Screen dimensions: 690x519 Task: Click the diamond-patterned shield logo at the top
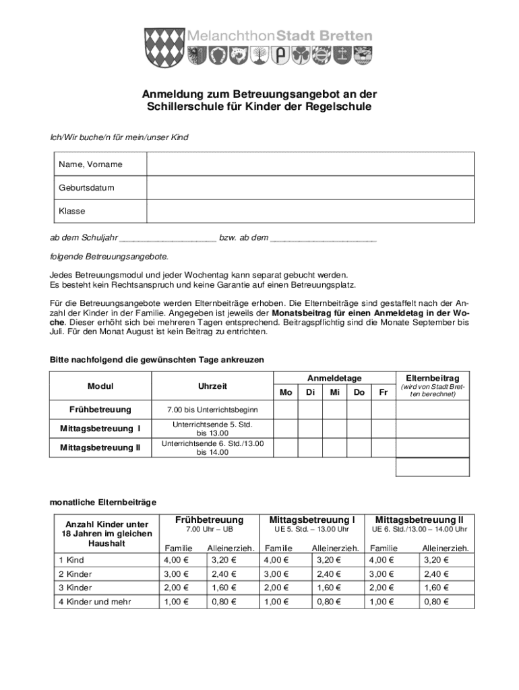tap(164, 45)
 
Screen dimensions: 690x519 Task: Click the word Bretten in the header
tap(342, 36)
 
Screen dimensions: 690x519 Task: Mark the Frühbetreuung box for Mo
tap(286, 410)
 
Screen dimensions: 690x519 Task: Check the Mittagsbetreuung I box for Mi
tap(334, 429)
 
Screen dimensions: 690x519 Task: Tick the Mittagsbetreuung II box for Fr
tap(384, 447)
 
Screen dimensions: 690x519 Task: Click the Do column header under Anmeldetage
tap(359, 392)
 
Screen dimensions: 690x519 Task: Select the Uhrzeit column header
tap(212, 386)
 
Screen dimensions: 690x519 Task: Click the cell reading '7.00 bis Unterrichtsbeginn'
tap(212, 410)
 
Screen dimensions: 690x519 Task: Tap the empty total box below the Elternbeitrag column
tap(432, 467)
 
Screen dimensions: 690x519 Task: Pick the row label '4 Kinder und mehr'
tap(95, 602)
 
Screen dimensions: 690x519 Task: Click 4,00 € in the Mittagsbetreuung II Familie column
tap(384, 559)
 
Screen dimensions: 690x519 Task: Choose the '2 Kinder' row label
tap(75, 574)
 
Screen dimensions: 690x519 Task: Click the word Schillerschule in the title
tap(179, 106)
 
